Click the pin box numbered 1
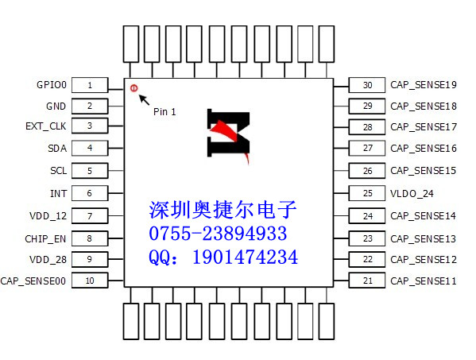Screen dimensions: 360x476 [x=91, y=85]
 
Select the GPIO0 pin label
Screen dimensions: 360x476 [x=52, y=85]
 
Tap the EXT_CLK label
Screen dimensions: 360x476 [x=46, y=126]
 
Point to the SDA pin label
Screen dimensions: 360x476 [x=57, y=149]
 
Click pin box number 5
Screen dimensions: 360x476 [x=91, y=171]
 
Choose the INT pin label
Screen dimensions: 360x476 [x=59, y=193]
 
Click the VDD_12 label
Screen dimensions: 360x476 [x=49, y=216]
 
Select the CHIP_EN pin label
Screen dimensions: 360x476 [x=45, y=238]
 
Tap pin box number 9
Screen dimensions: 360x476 [x=91, y=259]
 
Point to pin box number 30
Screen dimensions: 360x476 [x=366, y=85]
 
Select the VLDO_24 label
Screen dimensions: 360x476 [x=411, y=193]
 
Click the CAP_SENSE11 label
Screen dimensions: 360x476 [x=423, y=281]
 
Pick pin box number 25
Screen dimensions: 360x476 [x=366, y=193]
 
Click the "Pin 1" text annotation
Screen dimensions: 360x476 [x=164, y=112]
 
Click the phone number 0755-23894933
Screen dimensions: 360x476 [x=218, y=234]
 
